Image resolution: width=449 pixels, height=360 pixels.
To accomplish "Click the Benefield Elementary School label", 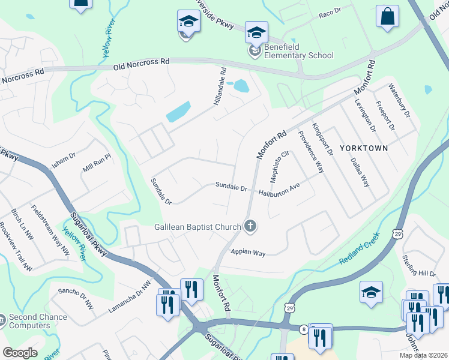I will point(296,56).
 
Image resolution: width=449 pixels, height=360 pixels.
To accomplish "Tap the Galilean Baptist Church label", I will point(189,226).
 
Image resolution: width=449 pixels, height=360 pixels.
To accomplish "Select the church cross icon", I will point(251,226).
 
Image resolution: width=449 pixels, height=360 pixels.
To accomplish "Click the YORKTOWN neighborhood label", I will point(364,148).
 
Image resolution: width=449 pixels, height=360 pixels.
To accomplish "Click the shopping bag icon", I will point(387,17).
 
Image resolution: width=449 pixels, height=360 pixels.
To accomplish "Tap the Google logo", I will point(19,353).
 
